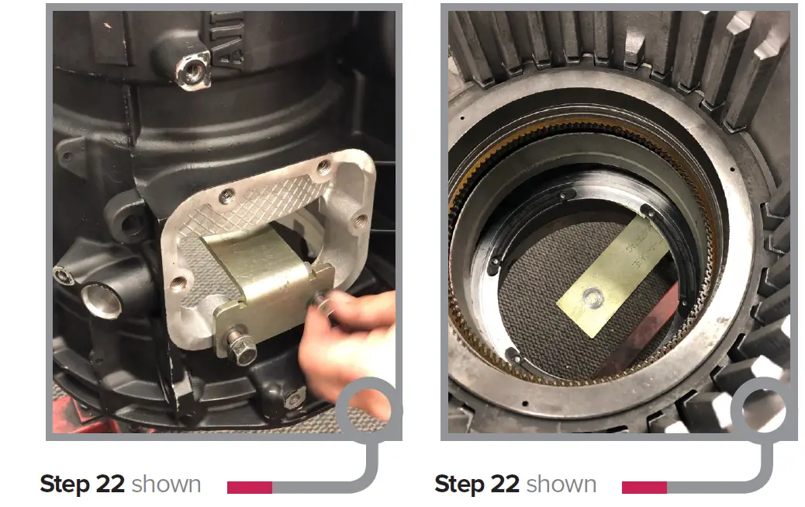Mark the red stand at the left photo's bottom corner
coord(63,419)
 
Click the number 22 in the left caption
coord(109,484)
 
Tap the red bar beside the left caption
coord(249,488)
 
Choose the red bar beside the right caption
coord(644,488)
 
